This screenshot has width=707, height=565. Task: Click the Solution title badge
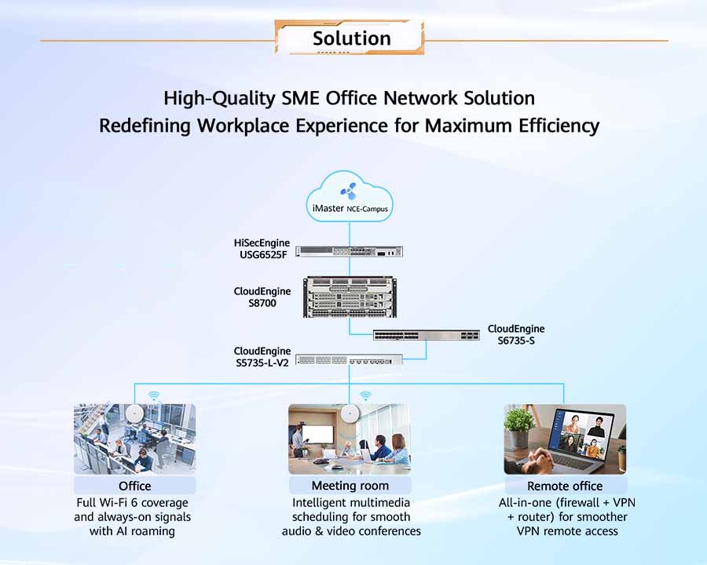coord(350,38)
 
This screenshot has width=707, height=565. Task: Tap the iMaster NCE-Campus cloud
coord(350,197)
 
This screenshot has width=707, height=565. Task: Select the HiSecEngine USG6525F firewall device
coord(349,251)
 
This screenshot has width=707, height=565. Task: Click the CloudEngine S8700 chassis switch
coord(350,297)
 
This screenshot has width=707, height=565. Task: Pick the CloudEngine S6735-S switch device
coord(426,335)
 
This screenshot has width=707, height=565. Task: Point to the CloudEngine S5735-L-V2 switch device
coord(349,359)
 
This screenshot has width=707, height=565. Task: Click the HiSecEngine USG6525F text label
coord(262,249)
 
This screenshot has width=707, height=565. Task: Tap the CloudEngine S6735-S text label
coord(516,335)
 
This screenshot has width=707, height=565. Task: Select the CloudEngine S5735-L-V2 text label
coord(262,357)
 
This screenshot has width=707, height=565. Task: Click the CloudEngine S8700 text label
coord(262,297)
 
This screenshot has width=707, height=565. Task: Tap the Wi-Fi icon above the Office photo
coord(154,396)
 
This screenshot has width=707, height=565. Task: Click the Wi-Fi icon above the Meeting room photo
coord(365,396)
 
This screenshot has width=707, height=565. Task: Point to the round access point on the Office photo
coord(134,413)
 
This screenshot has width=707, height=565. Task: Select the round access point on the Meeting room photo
coord(350,413)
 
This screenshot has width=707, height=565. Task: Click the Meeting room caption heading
coord(350,486)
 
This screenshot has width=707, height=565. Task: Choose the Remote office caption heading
coord(565,487)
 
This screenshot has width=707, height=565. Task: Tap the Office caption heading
coord(135,487)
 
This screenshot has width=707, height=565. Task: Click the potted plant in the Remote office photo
coord(519,426)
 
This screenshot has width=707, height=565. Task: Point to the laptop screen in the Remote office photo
coord(584,436)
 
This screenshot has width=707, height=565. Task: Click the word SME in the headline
coord(301,98)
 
